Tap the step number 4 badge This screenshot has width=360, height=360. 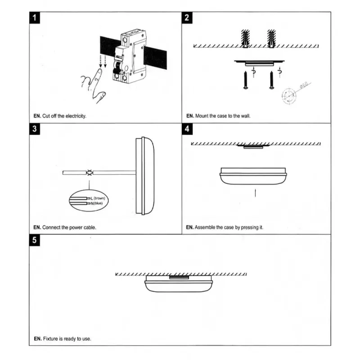(x=187, y=130)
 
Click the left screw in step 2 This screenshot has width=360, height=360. (x=246, y=80)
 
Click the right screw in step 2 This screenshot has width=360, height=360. (x=272, y=80)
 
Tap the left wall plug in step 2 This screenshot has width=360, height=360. (x=245, y=38)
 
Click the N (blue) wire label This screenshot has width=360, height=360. (x=99, y=204)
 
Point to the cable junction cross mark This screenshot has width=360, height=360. (x=90, y=173)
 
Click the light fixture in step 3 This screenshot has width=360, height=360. (x=145, y=176)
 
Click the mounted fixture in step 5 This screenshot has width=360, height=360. (x=179, y=284)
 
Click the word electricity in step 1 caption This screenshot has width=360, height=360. (x=75, y=116)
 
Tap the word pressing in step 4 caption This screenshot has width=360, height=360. (x=246, y=227)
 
